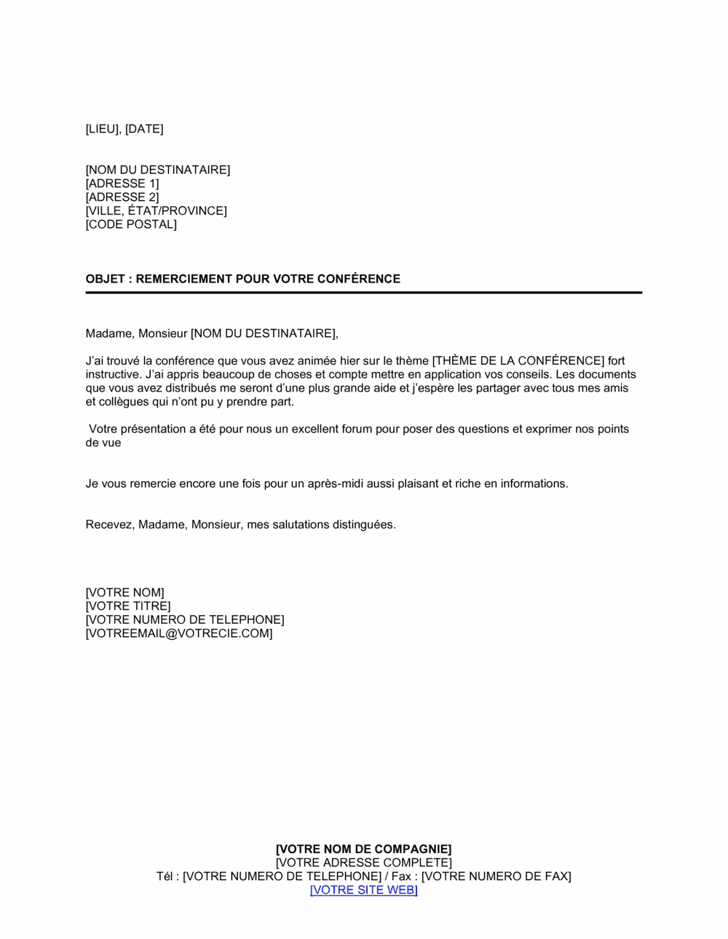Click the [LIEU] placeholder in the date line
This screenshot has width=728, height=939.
coord(103,130)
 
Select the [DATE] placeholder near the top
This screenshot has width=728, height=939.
coord(144,130)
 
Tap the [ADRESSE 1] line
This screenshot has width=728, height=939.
coord(122,183)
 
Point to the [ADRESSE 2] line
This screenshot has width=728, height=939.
coord(122,197)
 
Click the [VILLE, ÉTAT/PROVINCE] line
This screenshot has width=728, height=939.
coord(156,211)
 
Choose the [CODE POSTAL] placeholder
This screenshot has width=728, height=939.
coord(131,224)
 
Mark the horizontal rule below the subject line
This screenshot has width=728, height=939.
coord(363,293)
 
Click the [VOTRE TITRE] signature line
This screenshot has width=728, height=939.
coord(128,606)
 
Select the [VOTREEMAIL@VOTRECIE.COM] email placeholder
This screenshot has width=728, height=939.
coord(179,633)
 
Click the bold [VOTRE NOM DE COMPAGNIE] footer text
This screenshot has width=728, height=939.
coord(363,849)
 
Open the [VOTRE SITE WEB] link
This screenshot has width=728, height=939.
coord(363,890)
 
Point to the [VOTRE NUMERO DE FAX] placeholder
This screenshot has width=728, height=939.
coord(496,876)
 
